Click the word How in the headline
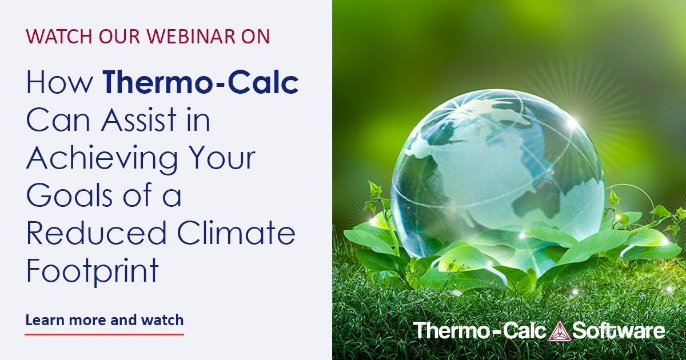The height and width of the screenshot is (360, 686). (x=59, y=84)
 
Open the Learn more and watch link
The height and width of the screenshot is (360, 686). (x=105, y=320)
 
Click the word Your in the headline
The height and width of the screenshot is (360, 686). (x=225, y=159)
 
